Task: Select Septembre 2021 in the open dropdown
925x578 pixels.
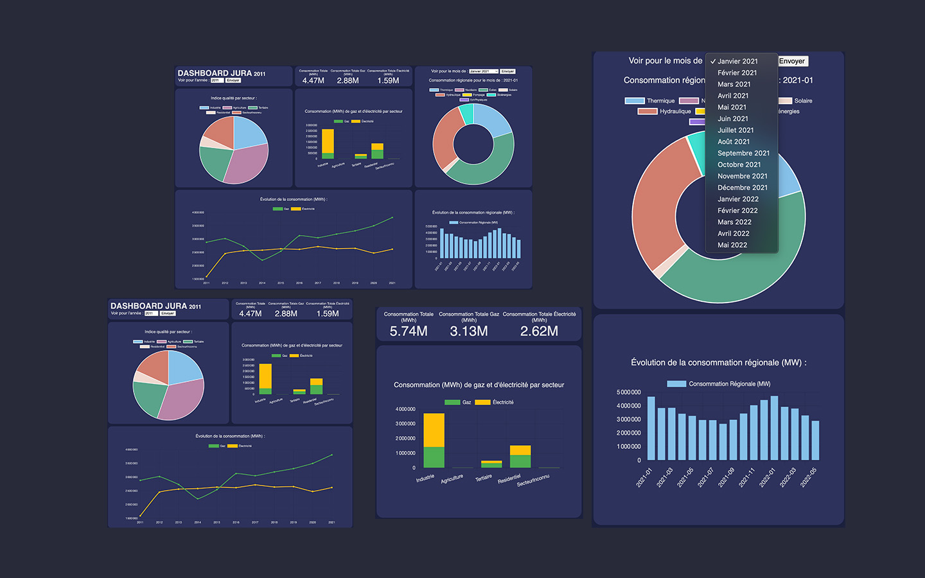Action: coord(743,153)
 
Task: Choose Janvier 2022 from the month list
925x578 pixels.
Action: coord(737,199)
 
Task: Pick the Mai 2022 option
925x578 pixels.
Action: coord(732,245)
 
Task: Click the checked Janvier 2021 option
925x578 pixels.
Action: coord(737,62)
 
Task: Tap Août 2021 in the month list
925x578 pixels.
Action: coord(733,141)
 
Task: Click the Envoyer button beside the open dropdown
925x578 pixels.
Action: coord(792,61)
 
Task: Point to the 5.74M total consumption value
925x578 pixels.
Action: coord(409,331)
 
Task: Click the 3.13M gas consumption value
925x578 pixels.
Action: coord(469,331)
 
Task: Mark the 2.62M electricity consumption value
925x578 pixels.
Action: coord(539,331)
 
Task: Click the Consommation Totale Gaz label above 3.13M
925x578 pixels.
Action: coord(469,314)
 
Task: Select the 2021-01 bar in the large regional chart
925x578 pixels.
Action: coord(651,428)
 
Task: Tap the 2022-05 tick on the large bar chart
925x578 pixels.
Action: coord(807,478)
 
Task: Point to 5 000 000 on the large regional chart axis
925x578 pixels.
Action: coord(628,392)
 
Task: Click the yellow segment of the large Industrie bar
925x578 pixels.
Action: coord(434,430)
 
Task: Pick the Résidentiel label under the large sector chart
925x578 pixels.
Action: coord(509,479)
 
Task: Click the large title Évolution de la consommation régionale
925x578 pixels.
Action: coord(718,363)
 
